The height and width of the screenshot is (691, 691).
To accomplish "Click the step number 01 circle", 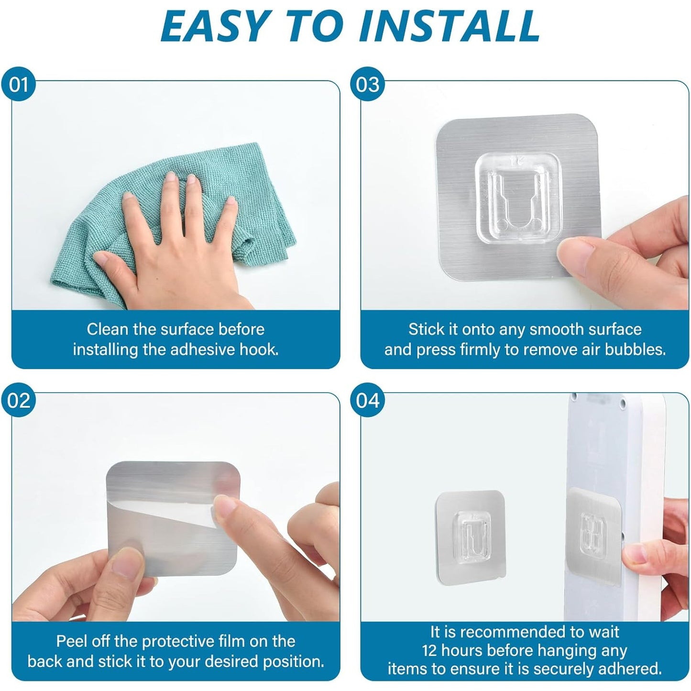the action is click(18, 85).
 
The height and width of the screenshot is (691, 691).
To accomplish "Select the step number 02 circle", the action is click(18, 400).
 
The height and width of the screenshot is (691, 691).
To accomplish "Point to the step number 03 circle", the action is click(368, 85).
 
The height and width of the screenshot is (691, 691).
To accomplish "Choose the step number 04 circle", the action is click(368, 400).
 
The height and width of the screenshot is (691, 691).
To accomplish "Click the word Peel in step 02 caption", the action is click(71, 641).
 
